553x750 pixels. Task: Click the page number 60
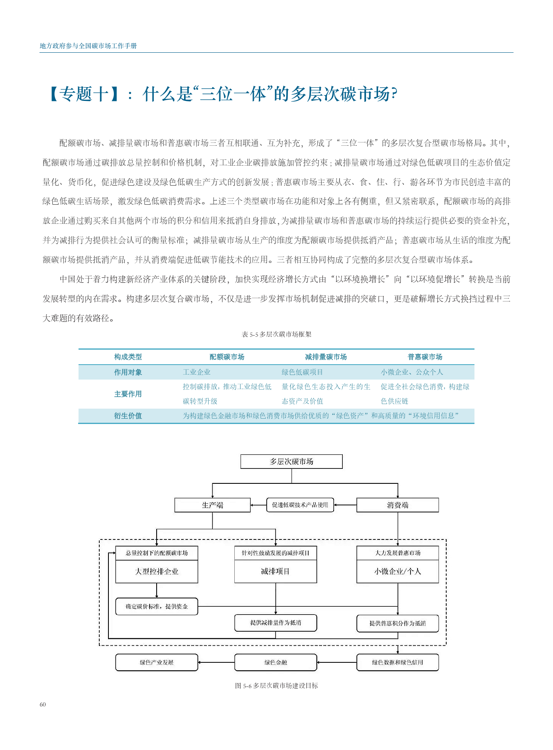pos(43,704)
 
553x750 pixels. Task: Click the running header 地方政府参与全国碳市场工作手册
pos(88,46)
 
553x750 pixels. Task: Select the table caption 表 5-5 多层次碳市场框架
pos(276,334)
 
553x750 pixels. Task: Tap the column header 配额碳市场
pos(227,357)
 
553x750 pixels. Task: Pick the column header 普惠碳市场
pos(425,357)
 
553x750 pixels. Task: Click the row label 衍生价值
pos(128,416)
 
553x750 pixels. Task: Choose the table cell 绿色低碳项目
pos(302,372)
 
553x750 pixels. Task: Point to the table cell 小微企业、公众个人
pos(412,372)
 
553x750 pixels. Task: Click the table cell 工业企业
pos(197,372)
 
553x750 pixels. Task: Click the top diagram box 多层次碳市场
pos(292,461)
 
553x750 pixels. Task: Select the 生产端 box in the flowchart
pos(212,505)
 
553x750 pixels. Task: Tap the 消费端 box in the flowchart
pos(398,505)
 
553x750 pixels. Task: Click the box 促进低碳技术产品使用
pos(300,505)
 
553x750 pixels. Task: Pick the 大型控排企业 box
pos(157,571)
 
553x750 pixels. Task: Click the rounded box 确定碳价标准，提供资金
pos(157,606)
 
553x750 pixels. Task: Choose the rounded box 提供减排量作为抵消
pos(275,623)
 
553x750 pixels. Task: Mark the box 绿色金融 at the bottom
pos(275,662)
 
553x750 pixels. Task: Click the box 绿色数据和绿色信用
pos(398,662)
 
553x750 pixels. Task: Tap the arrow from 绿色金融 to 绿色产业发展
pos(216,662)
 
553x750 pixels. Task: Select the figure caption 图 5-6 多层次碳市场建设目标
pos(276,686)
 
